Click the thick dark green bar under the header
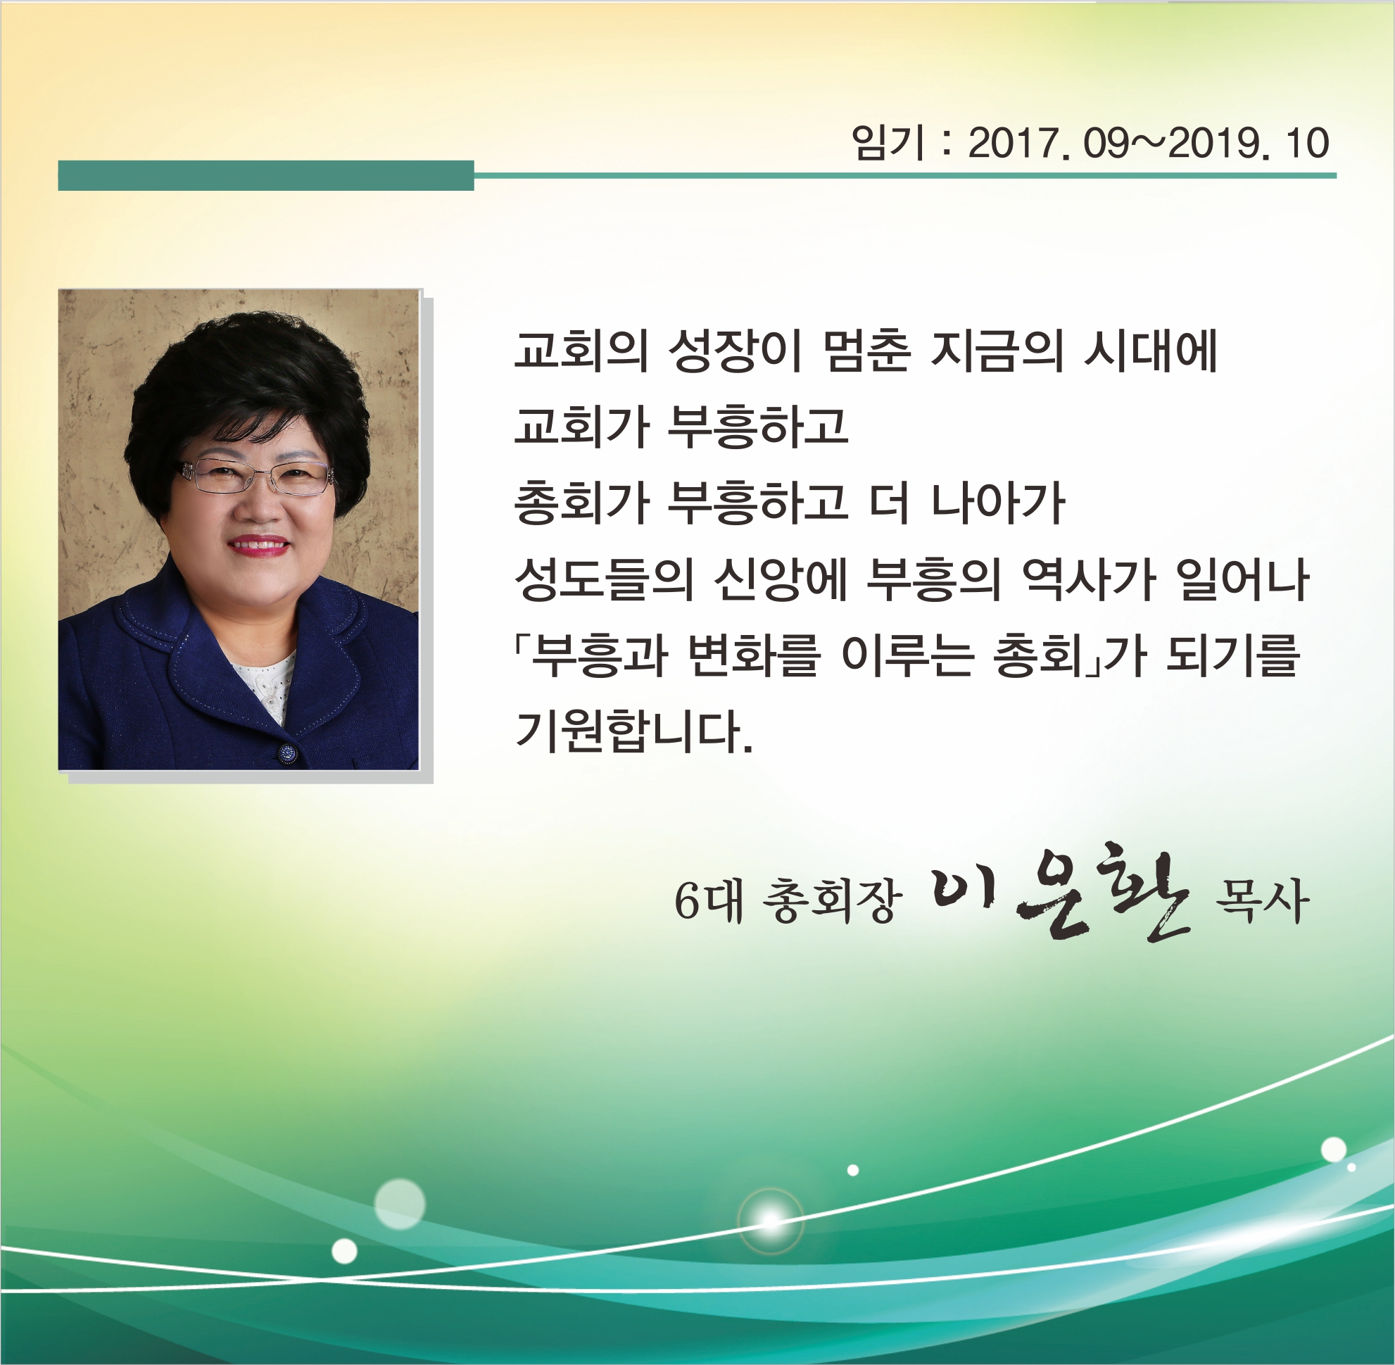(266, 176)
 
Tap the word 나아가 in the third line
(997, 502)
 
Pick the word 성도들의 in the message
(605, 579)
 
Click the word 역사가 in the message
(1085, 579)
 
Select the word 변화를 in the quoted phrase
(752, 655)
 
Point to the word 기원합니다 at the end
(633, 732)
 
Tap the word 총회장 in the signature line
(828, 901)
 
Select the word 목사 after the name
(1262, 901)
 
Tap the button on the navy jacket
(287, 752)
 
